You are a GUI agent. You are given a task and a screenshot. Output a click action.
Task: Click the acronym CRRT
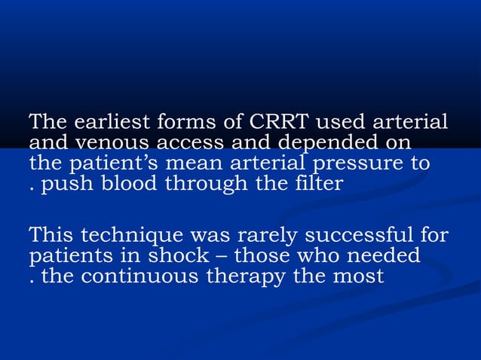coord(280,122)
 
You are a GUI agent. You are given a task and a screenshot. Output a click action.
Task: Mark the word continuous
coord(134,277)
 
